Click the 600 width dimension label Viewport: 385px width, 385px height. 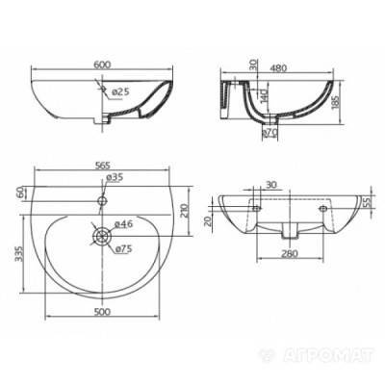tap(102, 64)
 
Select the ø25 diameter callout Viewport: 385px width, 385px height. tap(120, 92)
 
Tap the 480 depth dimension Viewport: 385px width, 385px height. tap(278, 68)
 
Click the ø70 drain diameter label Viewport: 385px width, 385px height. tap(269, 132)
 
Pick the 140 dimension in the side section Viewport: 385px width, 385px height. tap(264, 94)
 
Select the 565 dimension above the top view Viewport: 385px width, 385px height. tap(102, 165)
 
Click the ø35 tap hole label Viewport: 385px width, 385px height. tap(115, 177)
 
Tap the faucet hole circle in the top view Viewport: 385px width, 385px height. tap(102, 201)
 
